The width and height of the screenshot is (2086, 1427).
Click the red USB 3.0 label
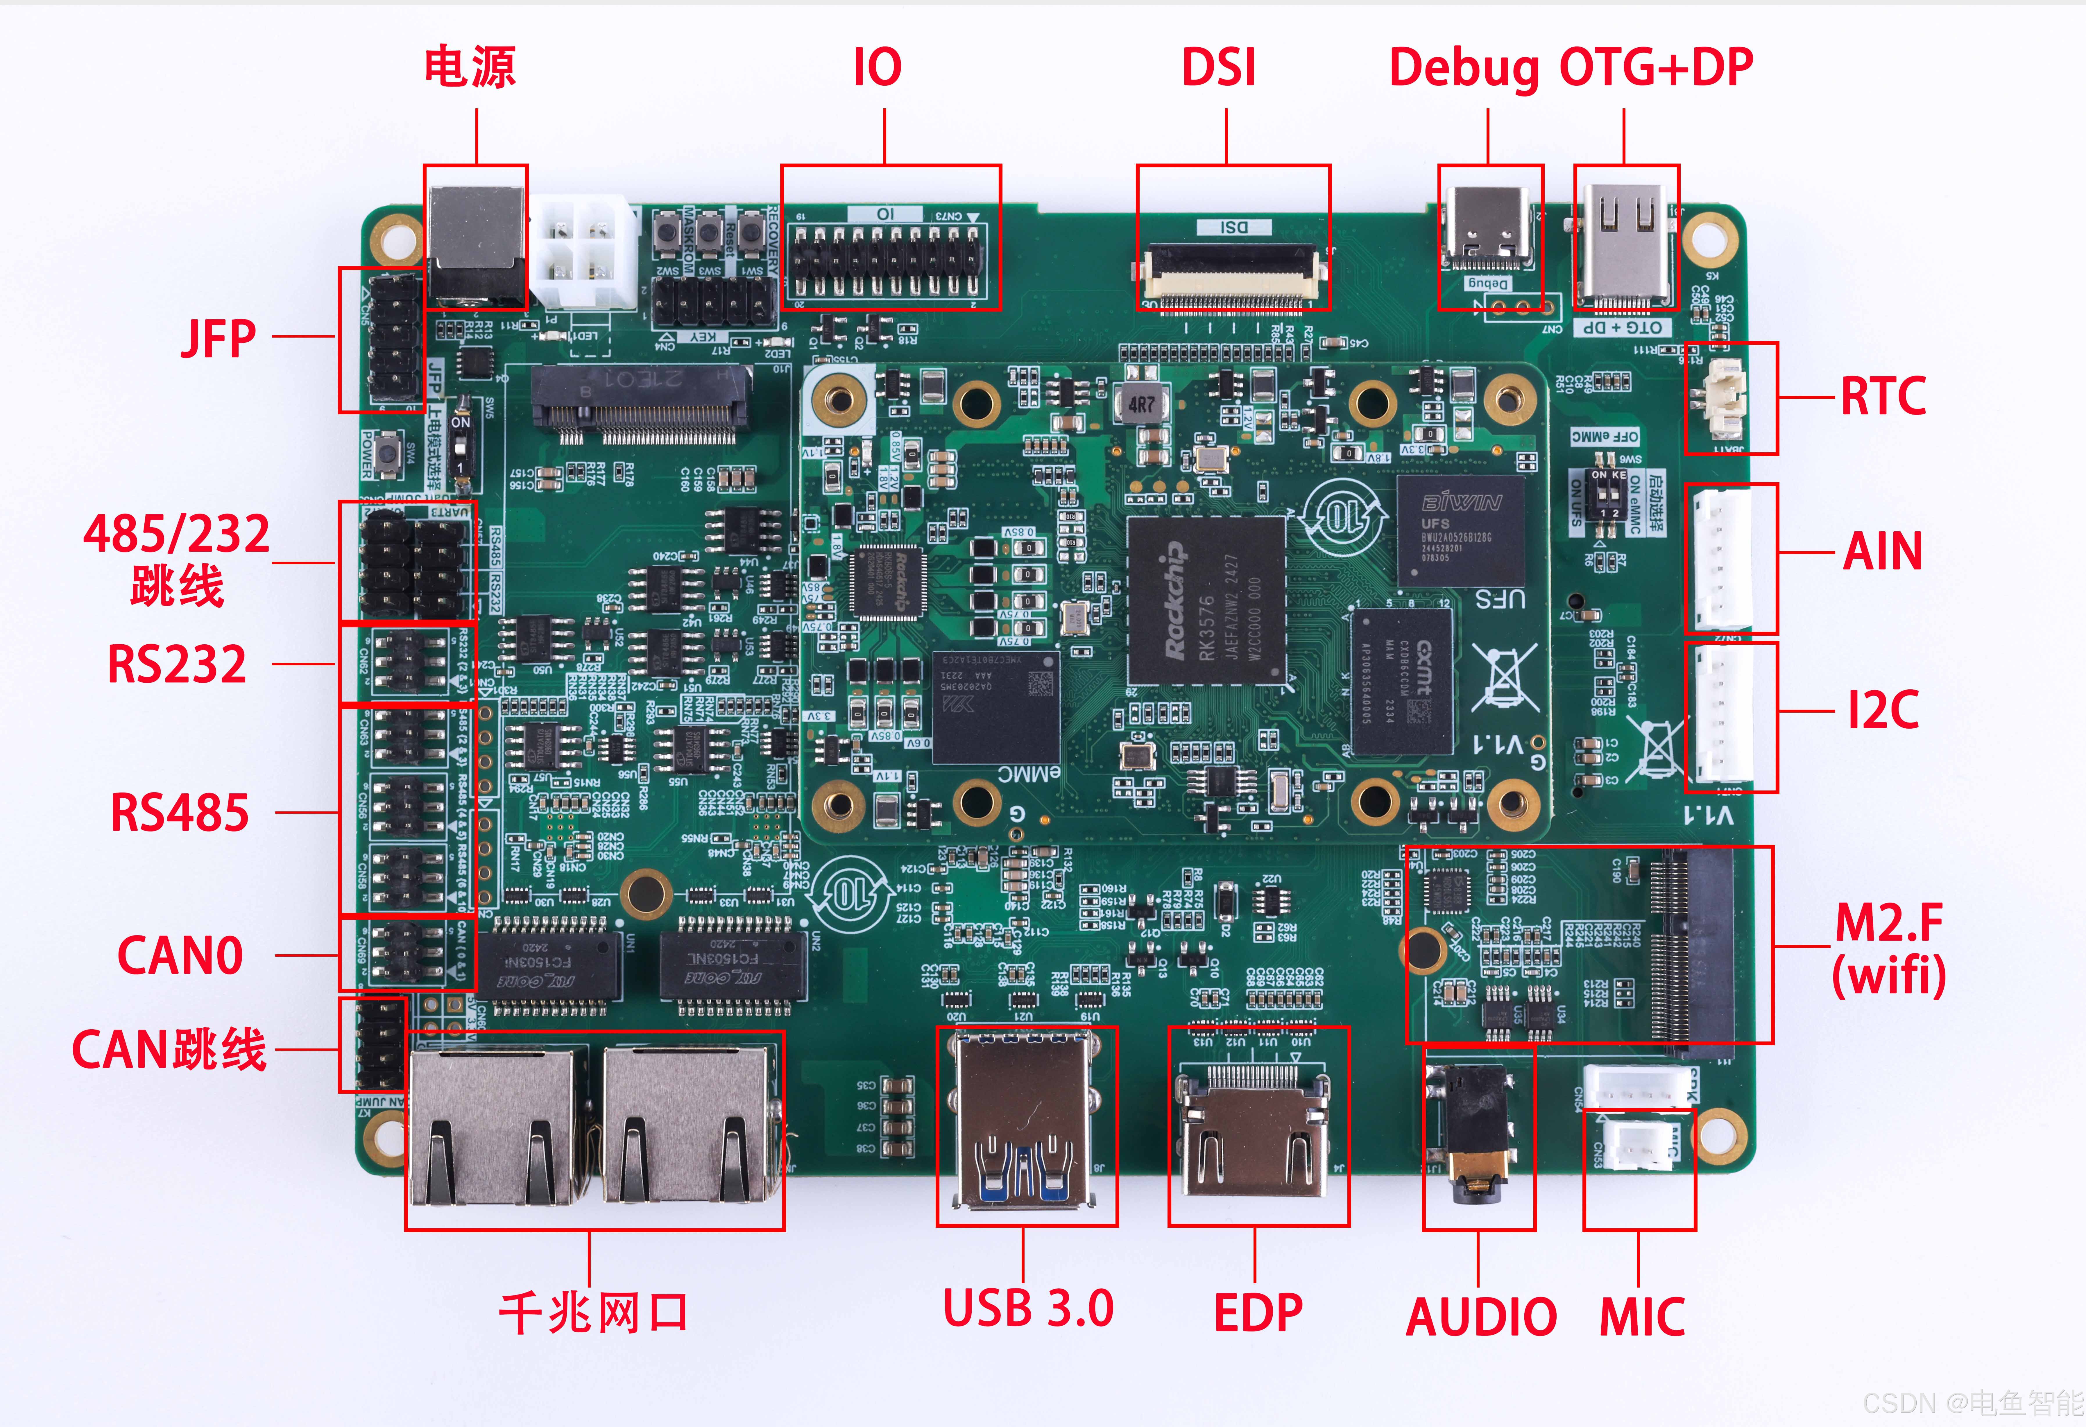click(x=1028, y=1308)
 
